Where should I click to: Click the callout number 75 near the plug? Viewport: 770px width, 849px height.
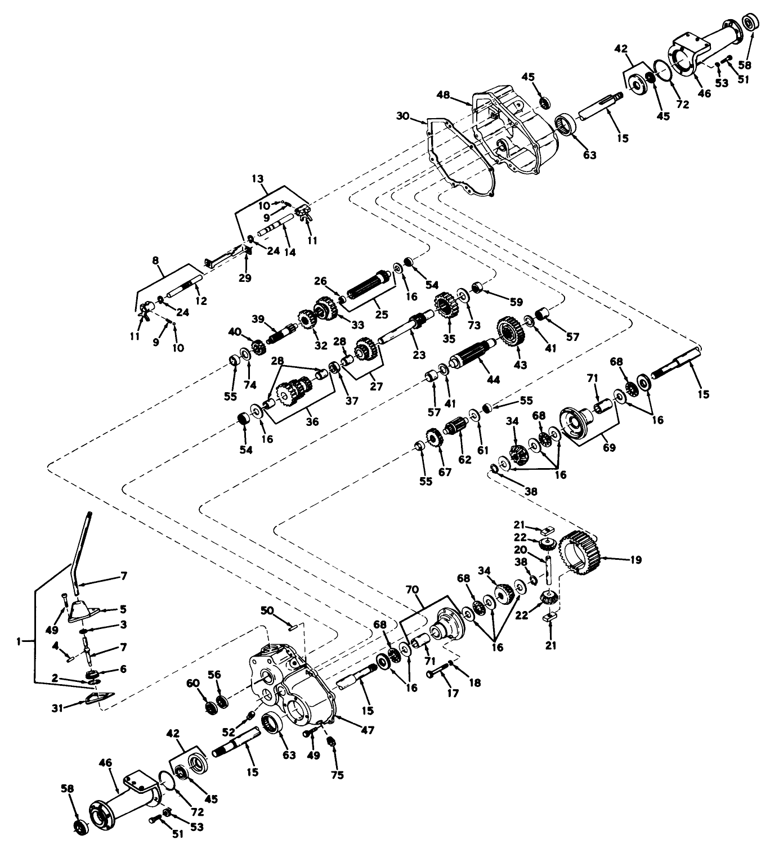(x=338, y=775)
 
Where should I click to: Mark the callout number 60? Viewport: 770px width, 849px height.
(x=192, y=682)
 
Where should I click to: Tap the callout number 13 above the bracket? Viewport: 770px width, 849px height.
(x=258, y=178)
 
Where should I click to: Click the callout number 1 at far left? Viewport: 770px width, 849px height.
(x=19, y=640)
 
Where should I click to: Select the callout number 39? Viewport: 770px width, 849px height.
(x=258, y=318)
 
